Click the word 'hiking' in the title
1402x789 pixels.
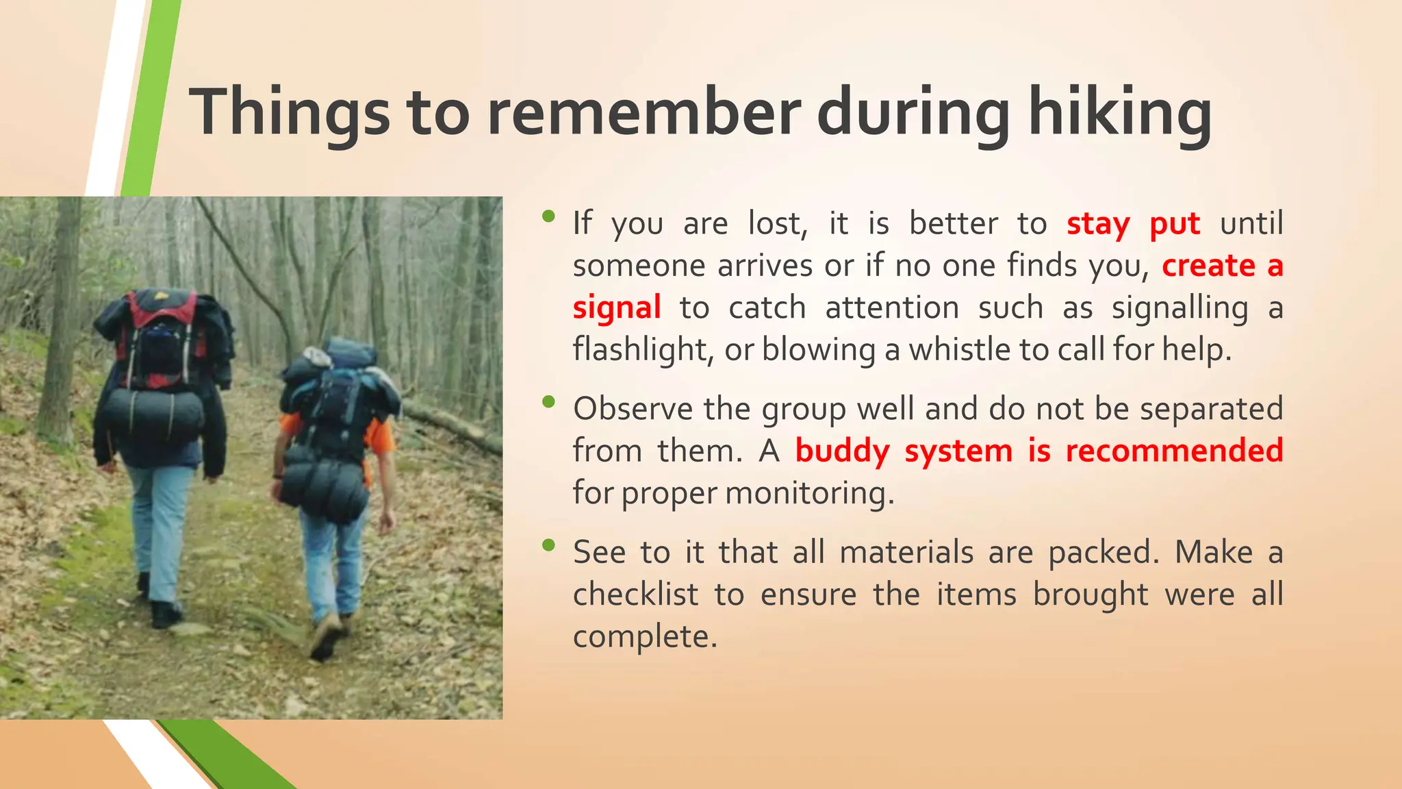[1120, 113]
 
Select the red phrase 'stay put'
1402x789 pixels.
[1133, 225]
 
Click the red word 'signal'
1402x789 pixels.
[616, 308]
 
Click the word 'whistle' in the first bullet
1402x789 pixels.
[960, 350]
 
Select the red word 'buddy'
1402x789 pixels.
[842, 451]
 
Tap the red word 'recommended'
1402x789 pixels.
[1174, 451]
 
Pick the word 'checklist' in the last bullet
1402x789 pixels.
[635, 594]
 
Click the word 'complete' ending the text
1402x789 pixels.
[643, 637]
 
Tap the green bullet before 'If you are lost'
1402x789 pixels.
[548, 216]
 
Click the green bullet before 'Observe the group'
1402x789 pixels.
[548, 402]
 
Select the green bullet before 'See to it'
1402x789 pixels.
[548, 545]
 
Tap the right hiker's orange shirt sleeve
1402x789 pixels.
[379, 435]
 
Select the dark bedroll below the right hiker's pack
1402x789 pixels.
[324, 489]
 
